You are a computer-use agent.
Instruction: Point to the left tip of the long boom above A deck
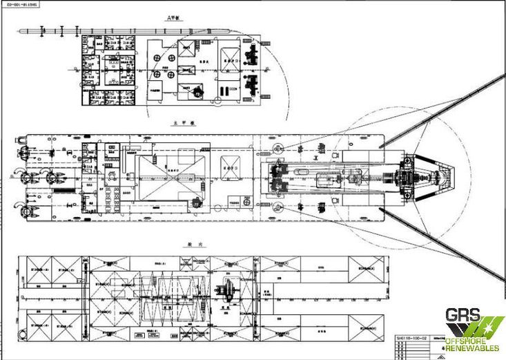click(x=21, y=30)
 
